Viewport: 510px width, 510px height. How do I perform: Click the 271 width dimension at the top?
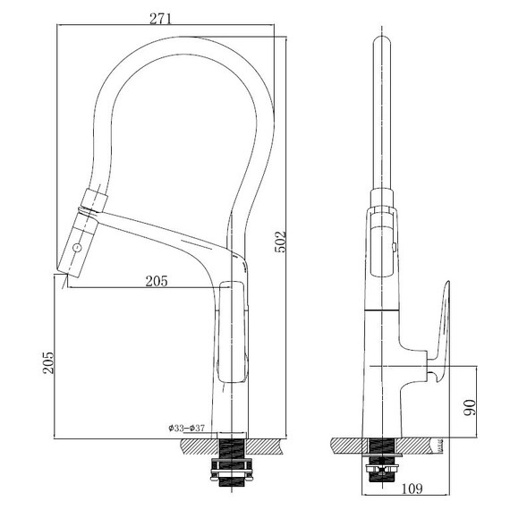coord(160,19)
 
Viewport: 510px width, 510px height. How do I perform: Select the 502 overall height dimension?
coord(280,242)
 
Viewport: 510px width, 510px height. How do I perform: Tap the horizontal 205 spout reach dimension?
coord(157,281)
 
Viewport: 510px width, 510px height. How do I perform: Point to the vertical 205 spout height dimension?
coord(47,362)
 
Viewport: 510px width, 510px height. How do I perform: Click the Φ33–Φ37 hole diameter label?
coord(186,428)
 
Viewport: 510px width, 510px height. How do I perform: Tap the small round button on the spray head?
coord(77,248)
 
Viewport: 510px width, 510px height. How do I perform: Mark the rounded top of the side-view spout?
coord(382,39)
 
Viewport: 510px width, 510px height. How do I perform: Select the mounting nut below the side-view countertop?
coord(382,468)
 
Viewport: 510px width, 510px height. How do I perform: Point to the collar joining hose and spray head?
coord(95,199)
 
